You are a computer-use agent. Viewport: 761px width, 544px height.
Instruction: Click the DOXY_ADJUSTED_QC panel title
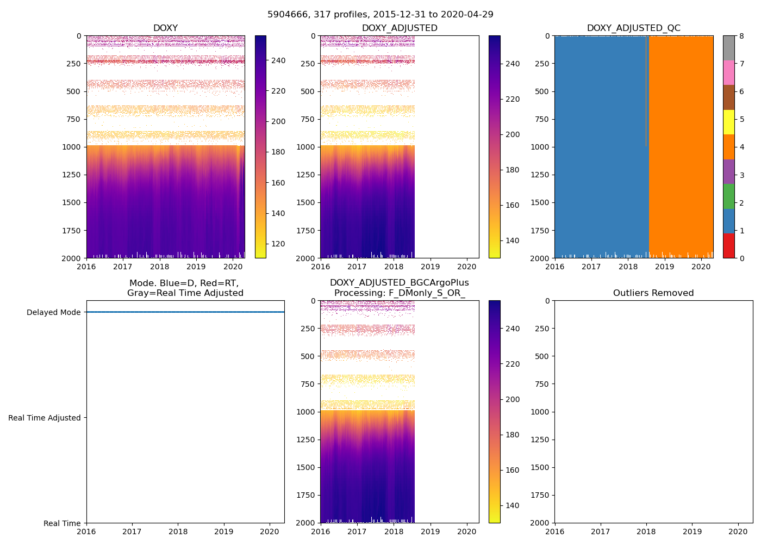pos(633,28)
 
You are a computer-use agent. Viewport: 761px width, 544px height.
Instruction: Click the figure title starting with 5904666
pos(380,15)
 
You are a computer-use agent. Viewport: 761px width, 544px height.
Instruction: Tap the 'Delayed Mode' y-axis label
pos(53,312)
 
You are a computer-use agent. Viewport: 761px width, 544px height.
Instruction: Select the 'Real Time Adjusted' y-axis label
pos(45,418)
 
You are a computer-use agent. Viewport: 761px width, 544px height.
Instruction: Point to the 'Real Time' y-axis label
pos(62,523)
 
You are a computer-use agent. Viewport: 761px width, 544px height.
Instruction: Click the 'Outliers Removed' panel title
pos(653,293)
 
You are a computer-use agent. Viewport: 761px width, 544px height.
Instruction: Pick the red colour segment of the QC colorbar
pos(728,245)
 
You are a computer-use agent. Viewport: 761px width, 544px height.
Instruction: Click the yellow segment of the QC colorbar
pos(728,122)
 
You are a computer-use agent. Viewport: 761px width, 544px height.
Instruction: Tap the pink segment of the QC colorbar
pos(728,73)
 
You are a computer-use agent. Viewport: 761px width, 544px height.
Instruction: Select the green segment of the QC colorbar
pos(728,196)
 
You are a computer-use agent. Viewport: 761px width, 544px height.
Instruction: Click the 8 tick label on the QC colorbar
pos(741,36)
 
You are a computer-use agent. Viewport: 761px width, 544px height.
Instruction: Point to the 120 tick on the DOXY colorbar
pos(278,244)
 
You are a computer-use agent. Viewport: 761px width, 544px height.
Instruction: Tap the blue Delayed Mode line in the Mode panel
pos(185,312)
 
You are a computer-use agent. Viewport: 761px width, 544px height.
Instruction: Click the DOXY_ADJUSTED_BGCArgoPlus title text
pos(399,283)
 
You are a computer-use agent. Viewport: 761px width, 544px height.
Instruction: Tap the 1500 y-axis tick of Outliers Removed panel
pos(540,467)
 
